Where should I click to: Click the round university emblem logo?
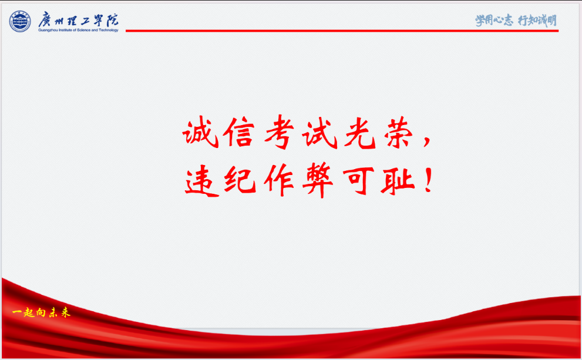pos(20,21)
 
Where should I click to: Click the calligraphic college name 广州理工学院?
pos(78,19)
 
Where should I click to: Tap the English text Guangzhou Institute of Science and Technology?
pos(78,30)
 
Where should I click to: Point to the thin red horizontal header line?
pos(342,31)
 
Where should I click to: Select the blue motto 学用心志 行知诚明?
pos(516,20)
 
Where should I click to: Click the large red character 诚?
pos(200,132)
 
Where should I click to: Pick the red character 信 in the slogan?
pos(239,132)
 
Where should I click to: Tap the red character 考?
pos(279,132)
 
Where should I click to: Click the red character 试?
pos(320,133)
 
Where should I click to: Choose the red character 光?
pos(359,133)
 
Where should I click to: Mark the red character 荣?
pos(399,133)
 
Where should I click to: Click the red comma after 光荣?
pos(427,141)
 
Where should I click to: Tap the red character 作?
pos(279,180)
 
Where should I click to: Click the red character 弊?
pos(318,180)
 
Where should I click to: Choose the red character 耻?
pos(397,181)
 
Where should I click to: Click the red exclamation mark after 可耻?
pos(429,180)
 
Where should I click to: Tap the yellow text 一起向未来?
pos(41,312)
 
